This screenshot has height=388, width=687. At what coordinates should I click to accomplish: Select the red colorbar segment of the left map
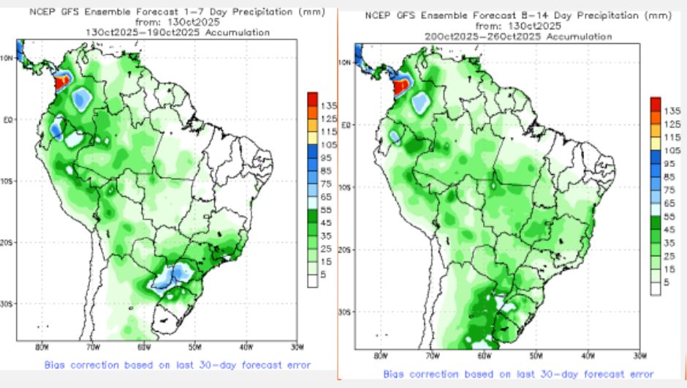(x=313, y=98)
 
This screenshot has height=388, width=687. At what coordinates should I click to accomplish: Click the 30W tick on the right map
(x=639, y=356)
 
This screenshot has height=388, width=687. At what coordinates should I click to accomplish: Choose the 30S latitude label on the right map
(x=346, y=311)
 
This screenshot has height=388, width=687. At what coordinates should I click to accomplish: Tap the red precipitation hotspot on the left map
(x=64, y=81)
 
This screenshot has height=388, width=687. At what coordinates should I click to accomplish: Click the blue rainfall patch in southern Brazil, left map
(x=173, y=277)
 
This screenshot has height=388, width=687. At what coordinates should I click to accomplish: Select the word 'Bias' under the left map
(x=57, y=364)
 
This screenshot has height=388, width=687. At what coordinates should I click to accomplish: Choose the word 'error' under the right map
(x=639, y=373)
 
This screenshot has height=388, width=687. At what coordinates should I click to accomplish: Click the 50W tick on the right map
(x=536, y=356)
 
